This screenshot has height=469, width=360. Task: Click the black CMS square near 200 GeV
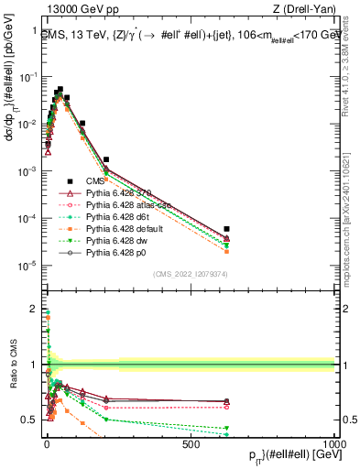click(106, 159)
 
